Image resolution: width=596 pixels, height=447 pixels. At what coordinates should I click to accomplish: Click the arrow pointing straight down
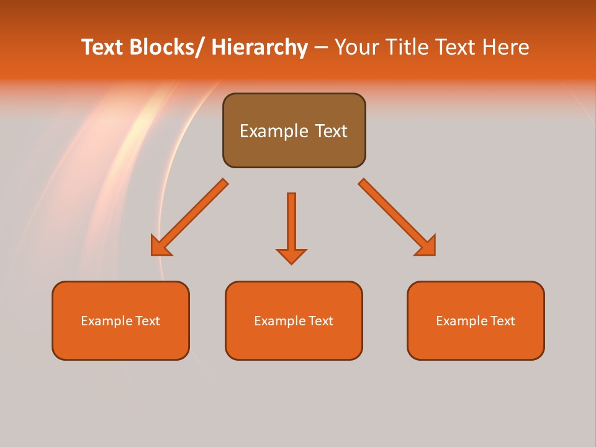click(291, 223)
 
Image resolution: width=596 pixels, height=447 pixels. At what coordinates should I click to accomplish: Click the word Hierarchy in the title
click(260, 47)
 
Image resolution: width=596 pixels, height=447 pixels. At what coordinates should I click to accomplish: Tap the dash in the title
click(321, 47)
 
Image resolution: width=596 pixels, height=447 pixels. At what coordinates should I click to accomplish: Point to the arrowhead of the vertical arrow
click(291, 256)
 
